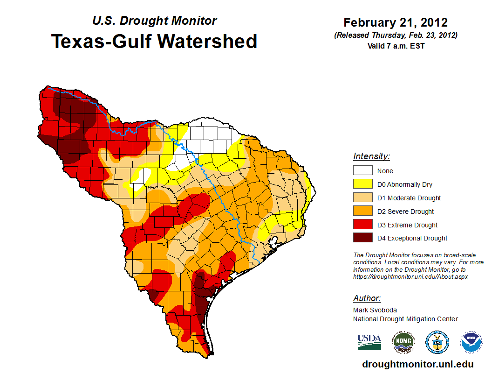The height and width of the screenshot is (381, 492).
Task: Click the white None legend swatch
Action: tap(362, 171)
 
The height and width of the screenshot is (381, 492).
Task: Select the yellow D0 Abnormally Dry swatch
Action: tap(362, 184)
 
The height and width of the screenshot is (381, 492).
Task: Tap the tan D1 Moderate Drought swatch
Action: tap(362, 198)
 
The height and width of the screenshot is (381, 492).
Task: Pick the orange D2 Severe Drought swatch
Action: tap(362, 212)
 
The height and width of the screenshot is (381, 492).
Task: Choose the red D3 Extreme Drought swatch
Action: tap(362, 225)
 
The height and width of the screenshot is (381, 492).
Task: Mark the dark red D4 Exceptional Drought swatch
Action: tap(362, 238)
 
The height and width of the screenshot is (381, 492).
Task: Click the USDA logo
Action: tap(369, 342)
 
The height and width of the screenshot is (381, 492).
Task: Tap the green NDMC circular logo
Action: tap(403, 342)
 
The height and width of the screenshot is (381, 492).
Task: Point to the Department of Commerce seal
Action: tap(437, 342)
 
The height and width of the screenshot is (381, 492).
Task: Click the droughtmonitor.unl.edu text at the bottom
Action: tap(418, 364)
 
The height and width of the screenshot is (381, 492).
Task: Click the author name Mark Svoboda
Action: tap(375, 310)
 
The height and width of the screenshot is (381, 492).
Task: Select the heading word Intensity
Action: tap(371, 156)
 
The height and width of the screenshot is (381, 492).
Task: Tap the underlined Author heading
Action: tap(367, 298)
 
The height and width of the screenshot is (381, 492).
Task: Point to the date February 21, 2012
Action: tap(396, 22)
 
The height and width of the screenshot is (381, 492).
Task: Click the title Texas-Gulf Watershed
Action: tap(154, 41)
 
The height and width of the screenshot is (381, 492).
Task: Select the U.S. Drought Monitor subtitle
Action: tap(154, 21)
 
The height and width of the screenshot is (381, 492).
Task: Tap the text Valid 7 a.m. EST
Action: tap(396, 46)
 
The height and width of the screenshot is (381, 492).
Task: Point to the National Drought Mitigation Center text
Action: tap(405, 319)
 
